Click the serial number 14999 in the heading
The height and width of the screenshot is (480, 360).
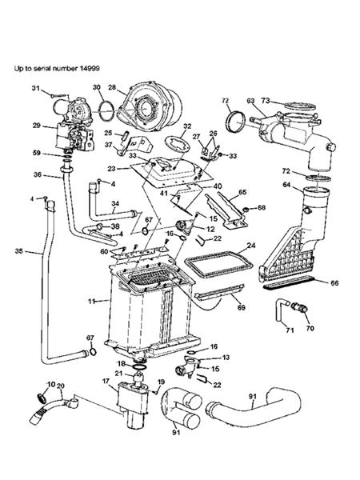(90, 68)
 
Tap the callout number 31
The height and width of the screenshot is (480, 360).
(36, 88)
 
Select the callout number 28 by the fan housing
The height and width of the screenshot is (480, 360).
(112, 87)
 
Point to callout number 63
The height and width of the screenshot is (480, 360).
(250, 101)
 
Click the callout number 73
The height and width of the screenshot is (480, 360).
(266, 101)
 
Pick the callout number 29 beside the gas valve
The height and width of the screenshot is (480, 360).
(37, 126)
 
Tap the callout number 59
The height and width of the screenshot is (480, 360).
(37, 153)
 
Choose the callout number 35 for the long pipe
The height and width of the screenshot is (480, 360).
(19, 251)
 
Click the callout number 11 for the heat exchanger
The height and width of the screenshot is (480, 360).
(92, 302)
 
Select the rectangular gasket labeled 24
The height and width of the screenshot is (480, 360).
(218, 263)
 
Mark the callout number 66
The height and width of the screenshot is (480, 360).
(334, 283)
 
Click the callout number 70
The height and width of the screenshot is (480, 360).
(310, 329)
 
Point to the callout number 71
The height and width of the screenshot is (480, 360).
(290, 330)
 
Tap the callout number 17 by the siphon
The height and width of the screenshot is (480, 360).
(106, 382)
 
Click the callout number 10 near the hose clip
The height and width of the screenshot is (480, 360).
(50, 385)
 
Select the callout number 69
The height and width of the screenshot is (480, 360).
(242, 307)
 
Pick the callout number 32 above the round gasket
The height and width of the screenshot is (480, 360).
(187, 126)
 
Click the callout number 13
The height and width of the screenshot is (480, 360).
(226, 358)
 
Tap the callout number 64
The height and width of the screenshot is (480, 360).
(288, 185)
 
